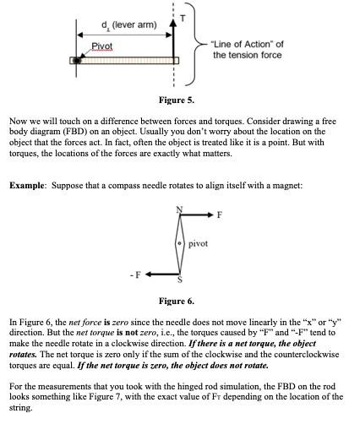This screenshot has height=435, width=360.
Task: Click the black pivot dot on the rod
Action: click(x=77, y=61)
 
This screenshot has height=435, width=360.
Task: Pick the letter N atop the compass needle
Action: click(x=179, y=209)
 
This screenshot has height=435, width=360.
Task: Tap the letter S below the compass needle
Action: click(x=178, y=280)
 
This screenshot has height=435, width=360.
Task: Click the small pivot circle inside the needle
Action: click(x=179, y=243)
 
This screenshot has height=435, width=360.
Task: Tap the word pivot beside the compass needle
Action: click(x=198, y=243)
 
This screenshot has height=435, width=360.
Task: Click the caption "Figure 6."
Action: click(x=177, y=301)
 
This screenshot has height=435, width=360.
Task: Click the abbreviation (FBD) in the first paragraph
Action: click(x=113, y=133)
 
